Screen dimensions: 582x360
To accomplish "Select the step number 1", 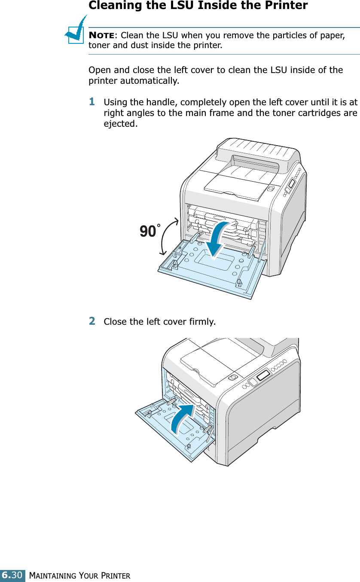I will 92,102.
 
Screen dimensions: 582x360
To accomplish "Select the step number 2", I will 92,321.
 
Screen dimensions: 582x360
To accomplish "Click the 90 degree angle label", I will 149,232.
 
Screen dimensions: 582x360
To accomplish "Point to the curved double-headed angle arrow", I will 169,236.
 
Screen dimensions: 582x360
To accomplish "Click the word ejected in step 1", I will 121,124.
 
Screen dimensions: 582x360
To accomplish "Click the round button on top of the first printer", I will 271,188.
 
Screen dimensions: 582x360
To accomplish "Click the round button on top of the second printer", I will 232,377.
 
